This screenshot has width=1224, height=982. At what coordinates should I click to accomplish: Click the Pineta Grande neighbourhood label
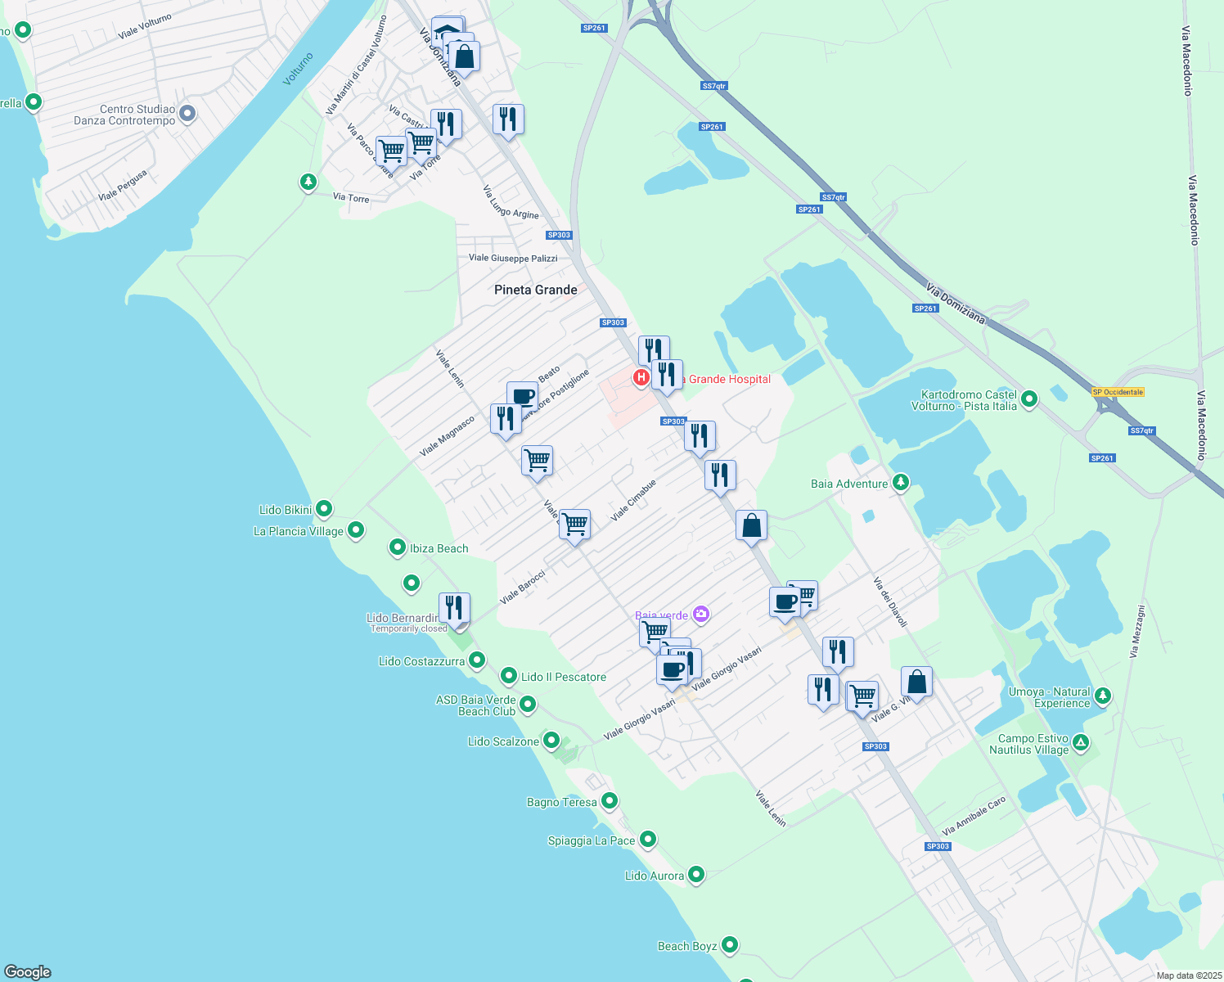coord(536,290)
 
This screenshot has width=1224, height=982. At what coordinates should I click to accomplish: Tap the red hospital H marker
coord(641,377)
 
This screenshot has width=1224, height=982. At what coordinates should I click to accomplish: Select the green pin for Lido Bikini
coord(324,509)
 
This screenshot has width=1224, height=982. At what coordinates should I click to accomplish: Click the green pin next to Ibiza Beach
coord(398,547)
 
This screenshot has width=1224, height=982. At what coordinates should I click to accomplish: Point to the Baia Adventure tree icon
coord(900,482)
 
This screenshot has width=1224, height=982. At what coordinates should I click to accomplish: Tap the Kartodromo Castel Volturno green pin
coord(1029,399)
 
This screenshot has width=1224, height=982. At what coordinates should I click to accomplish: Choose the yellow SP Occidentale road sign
coord(1118,392)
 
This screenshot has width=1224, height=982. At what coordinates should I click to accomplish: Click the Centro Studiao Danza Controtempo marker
coord(187,113)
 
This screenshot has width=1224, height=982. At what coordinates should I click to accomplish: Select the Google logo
coord(28,971)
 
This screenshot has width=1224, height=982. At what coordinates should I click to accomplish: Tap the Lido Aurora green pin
coord(696,875)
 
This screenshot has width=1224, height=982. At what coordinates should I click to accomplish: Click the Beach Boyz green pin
coord(730,945)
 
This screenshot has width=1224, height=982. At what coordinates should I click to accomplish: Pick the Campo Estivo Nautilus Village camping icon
coord(1081,743)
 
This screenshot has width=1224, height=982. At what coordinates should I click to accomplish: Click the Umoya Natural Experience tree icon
coord(1103,696)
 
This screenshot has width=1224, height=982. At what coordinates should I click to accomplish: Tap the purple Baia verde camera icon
coord(700,614)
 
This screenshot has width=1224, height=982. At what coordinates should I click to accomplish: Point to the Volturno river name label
coord(299,70)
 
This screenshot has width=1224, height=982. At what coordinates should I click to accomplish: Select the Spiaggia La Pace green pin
coord(648,840)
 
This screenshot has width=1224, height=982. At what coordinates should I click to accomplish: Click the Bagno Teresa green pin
coord(609,801)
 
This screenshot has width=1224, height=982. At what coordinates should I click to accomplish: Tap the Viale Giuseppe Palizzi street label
coord(513,258)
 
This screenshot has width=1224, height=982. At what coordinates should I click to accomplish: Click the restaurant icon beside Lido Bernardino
coord(454,609)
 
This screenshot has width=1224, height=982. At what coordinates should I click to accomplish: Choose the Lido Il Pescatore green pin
coord(509,676)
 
